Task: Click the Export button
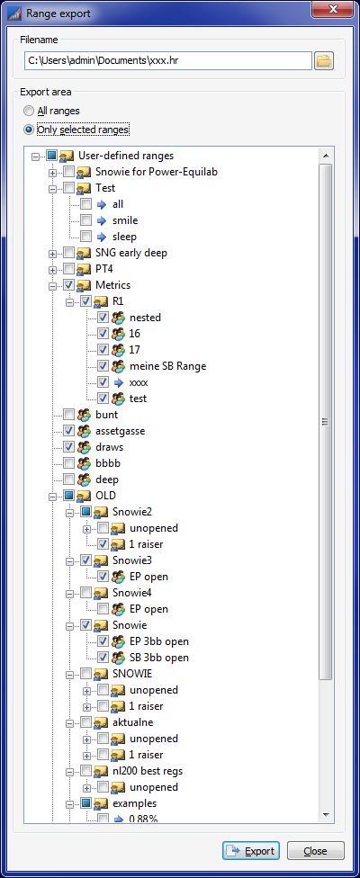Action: [x=250, y=851]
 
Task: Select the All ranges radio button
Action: [x=29, y=111]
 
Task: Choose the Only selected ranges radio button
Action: [x=29, y=130]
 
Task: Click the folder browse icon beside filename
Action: [x=324, y=61]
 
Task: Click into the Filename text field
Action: [x=168, y=61]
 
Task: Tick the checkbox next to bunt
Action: [x=69, y=415]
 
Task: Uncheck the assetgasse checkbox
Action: [x=69, y=431]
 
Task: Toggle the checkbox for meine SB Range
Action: [x=103, y=366]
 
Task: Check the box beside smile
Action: [x=85, y=220]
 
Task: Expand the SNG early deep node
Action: [x=53, y=253]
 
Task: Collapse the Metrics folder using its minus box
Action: [x=53, y=285]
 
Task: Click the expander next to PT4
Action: [x=53, y=269]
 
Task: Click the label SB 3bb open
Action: [x=159, y=658]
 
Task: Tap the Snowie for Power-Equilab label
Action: [x=157, y=171]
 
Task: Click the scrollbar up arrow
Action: [x=325, y=155]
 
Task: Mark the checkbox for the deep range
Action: [x=69, y=479]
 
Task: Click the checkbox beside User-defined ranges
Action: [x=52, y=155]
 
